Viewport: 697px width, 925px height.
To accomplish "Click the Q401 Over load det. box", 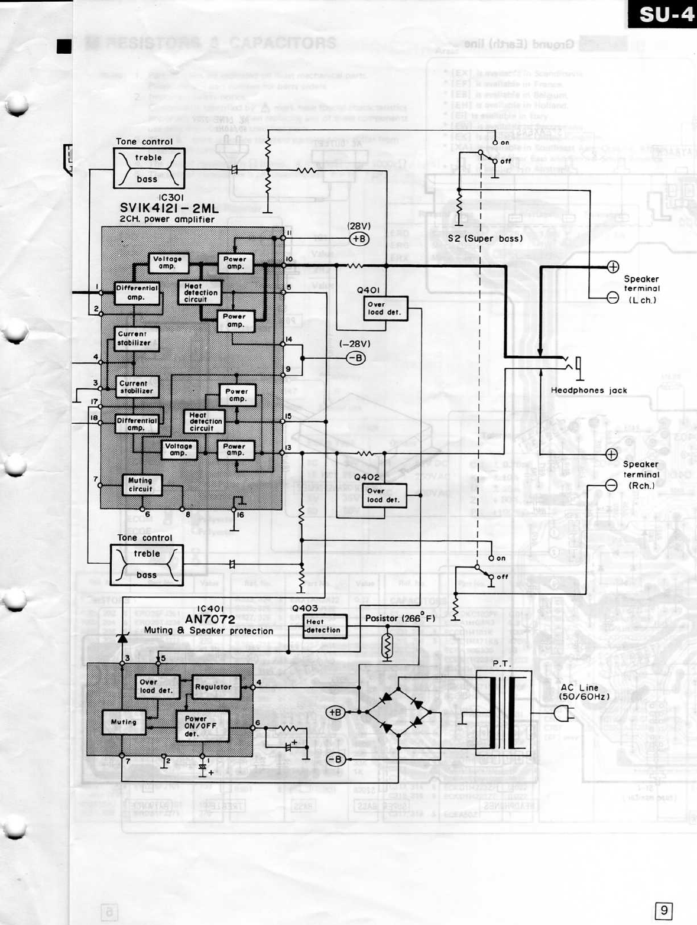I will (385, 309).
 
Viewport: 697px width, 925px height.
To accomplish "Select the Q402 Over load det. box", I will (384, 495).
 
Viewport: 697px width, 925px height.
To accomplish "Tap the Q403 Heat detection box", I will (325, 626).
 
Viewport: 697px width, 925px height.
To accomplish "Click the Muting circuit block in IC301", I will (141, 485).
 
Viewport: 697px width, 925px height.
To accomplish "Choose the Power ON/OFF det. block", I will (202, 726).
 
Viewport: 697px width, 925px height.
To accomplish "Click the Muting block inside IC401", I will (124, 722).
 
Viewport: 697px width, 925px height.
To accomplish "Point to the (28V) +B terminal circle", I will (359, 239).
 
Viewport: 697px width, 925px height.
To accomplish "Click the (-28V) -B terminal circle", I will (355, 358).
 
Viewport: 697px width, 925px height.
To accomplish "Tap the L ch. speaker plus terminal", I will (613, 267).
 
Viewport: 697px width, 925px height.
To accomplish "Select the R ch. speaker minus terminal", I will (611, 485).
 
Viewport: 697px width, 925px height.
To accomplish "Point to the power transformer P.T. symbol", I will (503, 712).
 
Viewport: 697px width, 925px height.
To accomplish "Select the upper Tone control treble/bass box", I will (148, 168).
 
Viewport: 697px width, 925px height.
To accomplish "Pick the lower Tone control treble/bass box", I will (147, 564).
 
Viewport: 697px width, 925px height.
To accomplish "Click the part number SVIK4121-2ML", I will (169, 208).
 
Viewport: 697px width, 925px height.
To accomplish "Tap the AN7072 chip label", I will (210, 619).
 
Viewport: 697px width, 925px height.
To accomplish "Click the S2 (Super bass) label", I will (485, 239).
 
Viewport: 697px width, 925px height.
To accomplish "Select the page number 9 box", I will (664, 910).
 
